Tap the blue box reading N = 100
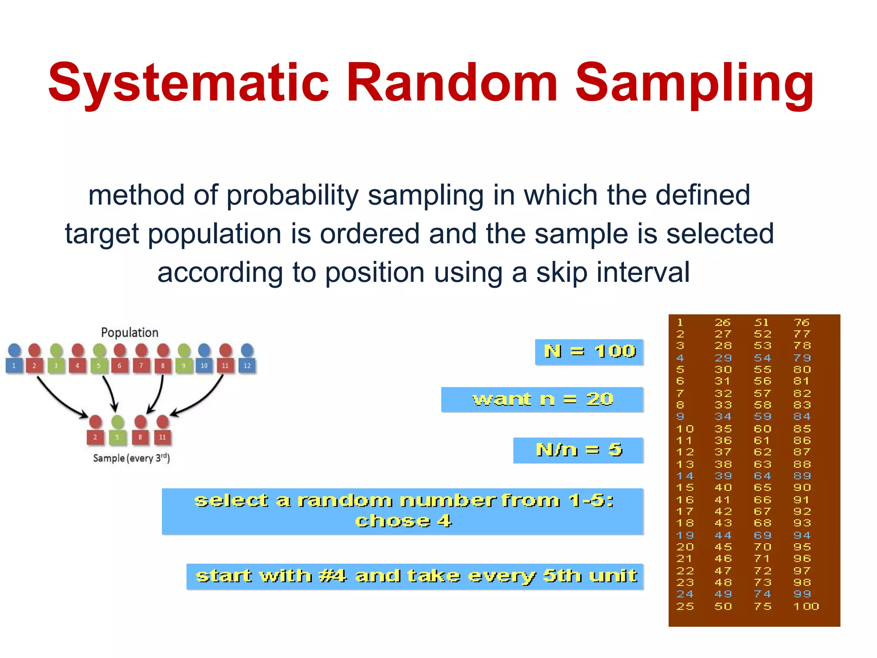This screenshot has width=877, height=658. [589, 352]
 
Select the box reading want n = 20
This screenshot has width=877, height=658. [542, 399]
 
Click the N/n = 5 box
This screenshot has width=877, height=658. [578, 450]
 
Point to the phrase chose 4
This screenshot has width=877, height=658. [403, 521]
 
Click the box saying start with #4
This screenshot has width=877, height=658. [415, 576]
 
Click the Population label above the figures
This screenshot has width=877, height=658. [129, 332]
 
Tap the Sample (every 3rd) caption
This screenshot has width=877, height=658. [131, 458]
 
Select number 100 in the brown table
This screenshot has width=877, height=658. [806, 606]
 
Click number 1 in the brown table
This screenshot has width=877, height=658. [680, 322]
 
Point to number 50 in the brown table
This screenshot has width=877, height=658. [723, 606]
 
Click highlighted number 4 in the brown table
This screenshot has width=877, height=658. [680, 358]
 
